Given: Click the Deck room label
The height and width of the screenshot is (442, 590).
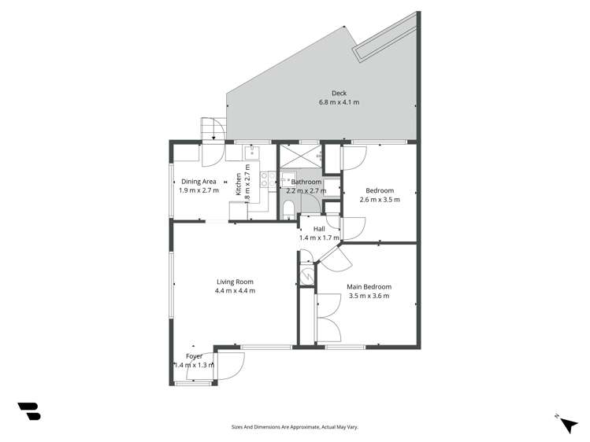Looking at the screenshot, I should click(339, 94).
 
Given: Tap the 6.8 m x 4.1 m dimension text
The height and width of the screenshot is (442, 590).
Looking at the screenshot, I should click(339, 103).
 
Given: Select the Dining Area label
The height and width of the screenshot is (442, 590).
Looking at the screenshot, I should click(198, 182).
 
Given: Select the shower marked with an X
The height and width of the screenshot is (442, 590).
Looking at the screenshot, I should click(301, 155).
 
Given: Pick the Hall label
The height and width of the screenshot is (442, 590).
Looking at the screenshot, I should click(319, 229).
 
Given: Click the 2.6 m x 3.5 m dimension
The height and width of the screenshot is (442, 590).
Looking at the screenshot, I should click(380, 200).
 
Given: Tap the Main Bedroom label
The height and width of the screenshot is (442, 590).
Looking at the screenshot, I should click(369, 287).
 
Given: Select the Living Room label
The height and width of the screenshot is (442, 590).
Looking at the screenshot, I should click(235, 282).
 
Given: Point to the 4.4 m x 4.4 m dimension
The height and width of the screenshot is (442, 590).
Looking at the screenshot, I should click(235, 291).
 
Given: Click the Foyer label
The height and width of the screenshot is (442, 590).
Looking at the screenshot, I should click(194, 356).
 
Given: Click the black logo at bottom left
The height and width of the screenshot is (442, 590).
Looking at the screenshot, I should click(28, 411).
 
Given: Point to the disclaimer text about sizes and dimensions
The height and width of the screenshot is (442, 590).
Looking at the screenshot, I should click(294, 427).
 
